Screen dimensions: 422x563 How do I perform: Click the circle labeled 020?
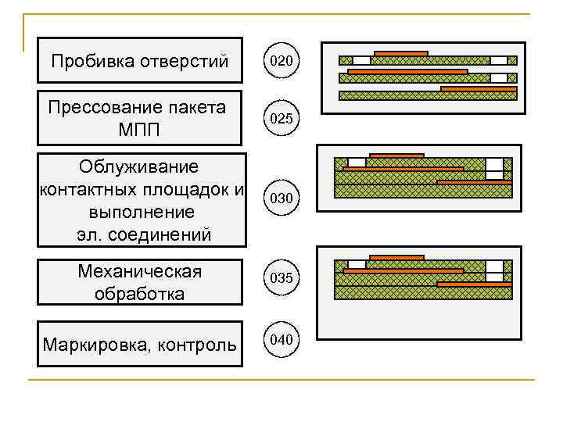[x=281, y=59]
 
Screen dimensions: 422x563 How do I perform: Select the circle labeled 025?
[x=281, y=119]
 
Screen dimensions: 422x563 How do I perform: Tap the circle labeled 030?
[x=281, y=198]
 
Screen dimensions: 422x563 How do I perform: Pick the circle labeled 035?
[x=281, y=277]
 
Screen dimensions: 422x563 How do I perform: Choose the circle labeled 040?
[x=281, y=340]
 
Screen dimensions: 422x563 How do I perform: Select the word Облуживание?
[x=138, y=166]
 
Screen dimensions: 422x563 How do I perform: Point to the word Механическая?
[x=140, y=271]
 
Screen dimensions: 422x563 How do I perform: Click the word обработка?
[x=140, y=294]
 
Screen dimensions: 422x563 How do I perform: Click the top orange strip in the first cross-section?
[x=400, y=53]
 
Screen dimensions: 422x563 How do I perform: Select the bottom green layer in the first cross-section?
[x=428, y=95]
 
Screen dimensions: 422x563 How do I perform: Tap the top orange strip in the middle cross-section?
[x=396, y=155]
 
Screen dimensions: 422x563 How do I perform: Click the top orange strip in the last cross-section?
[x=396, y=257]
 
